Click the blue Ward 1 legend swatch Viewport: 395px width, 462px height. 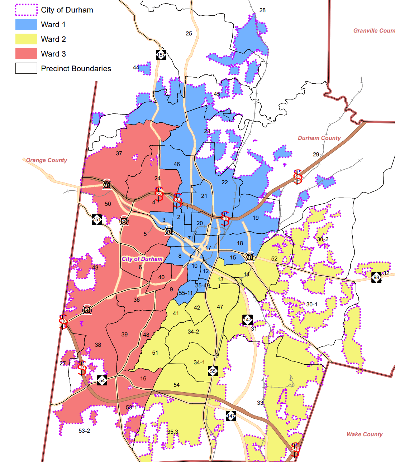pos(26,24)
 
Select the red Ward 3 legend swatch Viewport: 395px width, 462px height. pos(26,54)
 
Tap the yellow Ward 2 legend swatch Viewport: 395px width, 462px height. pos(26,39)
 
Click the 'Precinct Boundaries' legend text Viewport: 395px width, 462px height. pos(76,68)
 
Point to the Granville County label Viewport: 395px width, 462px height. pos(374,31)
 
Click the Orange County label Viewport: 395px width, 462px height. pos(47,160)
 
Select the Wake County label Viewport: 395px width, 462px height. pos(364,434)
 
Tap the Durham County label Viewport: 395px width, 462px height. pos(319,138)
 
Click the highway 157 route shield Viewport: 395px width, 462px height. pos(161,55)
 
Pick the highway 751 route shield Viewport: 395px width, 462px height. pos(97,219)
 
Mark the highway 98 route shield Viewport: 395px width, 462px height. pos(376,277)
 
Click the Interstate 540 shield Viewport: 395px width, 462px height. pos(295,449)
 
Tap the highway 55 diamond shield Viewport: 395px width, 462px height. pos(213,371)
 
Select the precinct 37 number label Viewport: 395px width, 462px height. pos(119,154)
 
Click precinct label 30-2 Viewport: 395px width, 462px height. pos(322,239)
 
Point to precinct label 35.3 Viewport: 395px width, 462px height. pos(172,432)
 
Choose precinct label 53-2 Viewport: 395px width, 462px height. pos(84,431)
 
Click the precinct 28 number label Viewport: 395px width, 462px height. pos(262,10)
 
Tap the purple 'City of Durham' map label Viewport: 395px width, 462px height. pos(142,259)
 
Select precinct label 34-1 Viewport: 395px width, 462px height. pos(199,363)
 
